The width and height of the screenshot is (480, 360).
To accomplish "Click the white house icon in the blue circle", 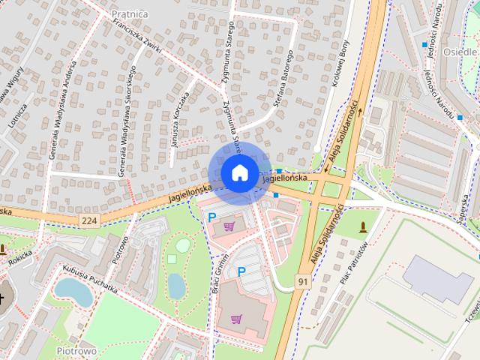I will pos(238,172).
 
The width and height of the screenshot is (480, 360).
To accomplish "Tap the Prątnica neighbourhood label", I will pos(130,13).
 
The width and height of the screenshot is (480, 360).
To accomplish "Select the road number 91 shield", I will pos(304,281).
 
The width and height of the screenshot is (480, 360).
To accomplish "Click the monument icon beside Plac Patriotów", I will pos(364,226).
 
